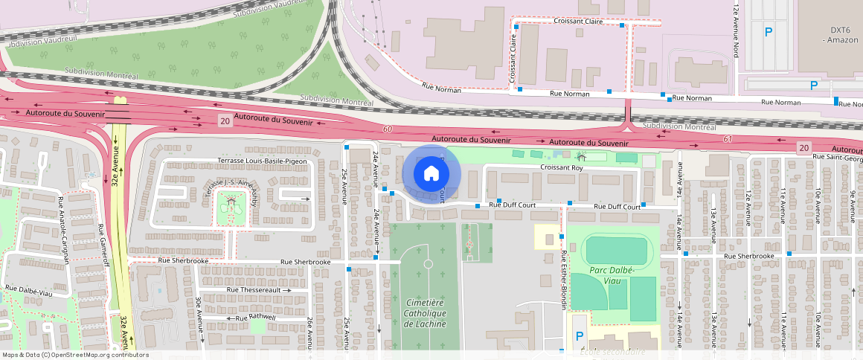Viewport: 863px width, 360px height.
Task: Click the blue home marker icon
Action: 431,174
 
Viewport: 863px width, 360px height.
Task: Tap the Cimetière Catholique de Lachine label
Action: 425,313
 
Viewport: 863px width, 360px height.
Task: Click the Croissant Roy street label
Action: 562,168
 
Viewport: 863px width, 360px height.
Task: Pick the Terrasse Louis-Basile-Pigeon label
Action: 263,161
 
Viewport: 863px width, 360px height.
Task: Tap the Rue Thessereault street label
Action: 253,289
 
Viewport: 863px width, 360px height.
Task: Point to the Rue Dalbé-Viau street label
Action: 29,291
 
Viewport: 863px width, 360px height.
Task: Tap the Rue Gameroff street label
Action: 106,248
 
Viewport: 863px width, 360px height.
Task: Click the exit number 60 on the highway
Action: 387,129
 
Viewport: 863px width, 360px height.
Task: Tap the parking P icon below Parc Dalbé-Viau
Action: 580,335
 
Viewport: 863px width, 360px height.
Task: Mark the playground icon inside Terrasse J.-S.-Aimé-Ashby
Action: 233,201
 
